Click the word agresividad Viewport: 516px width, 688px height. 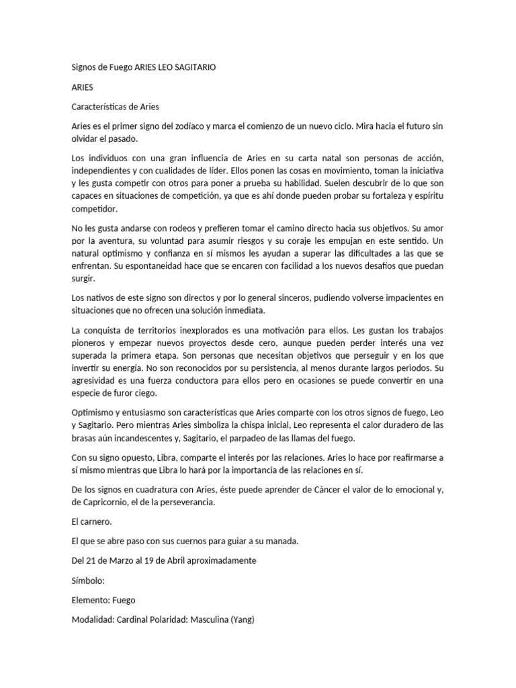click(x=95, y=381)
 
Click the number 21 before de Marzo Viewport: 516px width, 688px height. click(x=93, y=560)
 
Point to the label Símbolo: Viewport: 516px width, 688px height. click(x=89, y=579)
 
